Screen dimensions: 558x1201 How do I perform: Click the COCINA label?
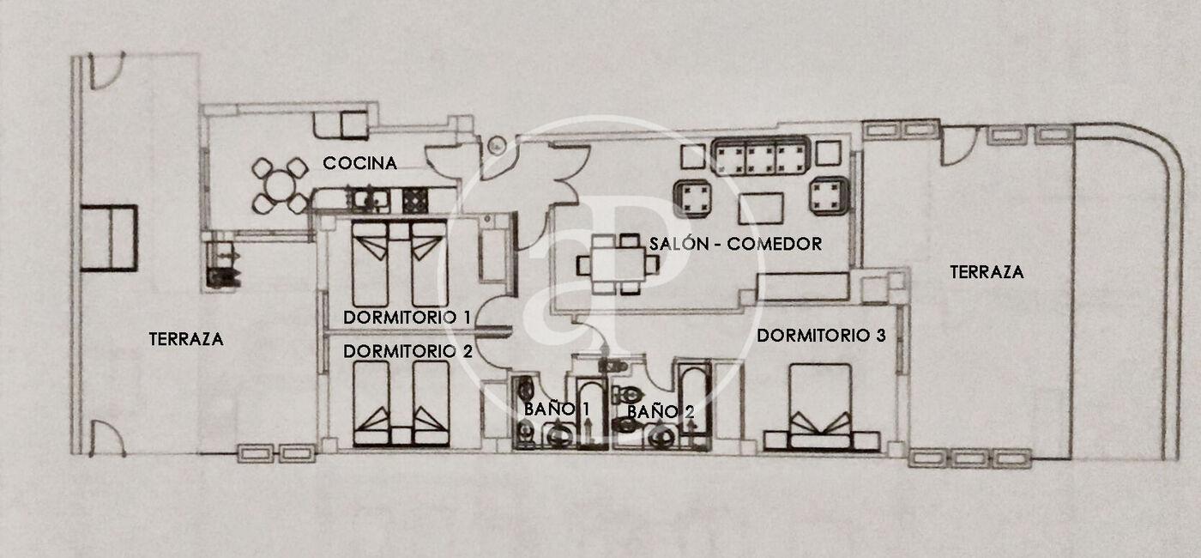[359, 163]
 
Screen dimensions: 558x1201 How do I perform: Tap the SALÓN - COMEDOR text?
[735, 244]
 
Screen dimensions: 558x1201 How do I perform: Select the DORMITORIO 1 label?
[407, 317]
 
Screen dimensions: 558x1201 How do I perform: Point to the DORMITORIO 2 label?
[407, 350]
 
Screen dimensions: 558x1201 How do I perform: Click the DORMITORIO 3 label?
[821, 336]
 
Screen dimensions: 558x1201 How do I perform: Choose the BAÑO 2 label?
[660, 411]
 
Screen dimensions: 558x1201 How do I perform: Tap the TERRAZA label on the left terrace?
[186, 339]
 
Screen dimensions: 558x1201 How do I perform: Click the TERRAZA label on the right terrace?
[987, 272]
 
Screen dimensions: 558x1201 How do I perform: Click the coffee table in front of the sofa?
[761, 208]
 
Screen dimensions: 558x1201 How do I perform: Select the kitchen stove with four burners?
[415, 200]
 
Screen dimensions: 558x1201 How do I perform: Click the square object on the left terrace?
[109, 238]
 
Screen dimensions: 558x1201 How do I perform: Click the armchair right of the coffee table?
[830, 196]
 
